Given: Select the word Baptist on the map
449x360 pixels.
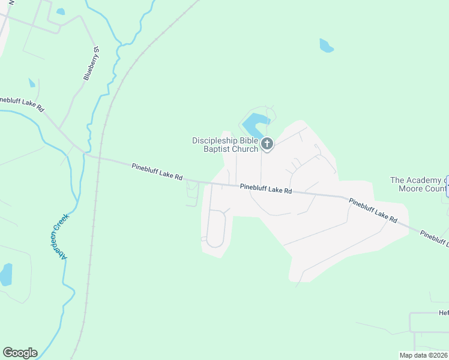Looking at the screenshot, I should (218, 149).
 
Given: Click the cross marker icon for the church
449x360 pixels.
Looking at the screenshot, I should (267, 144).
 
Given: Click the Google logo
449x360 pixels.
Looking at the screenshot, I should (20, 353).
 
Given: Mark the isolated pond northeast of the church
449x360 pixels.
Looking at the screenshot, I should (326, 46).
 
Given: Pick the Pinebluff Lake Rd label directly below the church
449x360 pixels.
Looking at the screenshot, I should (265, 188).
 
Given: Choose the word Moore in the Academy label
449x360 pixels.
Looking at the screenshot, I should (412, 188).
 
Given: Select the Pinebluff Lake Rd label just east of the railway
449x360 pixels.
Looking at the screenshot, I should (157, 172).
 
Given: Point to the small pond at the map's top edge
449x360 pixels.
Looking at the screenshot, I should (60, 11).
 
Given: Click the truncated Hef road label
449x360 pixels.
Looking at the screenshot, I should (443, 313).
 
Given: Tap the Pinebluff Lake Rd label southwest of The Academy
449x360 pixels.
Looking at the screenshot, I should (373, 211).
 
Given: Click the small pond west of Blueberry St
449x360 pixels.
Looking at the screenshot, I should (31, 83).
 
